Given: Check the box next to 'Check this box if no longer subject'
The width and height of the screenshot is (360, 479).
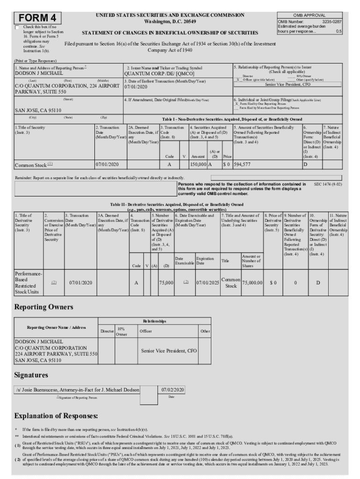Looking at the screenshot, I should point(17,28).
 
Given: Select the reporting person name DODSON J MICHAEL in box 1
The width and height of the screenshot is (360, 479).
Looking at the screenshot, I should point(38,73).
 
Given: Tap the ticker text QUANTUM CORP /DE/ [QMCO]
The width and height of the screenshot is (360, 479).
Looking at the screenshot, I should point(159,73).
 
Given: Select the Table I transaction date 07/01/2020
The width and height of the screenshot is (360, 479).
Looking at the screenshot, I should point(107,165).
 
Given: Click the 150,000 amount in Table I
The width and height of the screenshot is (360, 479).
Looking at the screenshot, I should point(198,165).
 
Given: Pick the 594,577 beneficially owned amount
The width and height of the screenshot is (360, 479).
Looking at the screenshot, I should point(242,165).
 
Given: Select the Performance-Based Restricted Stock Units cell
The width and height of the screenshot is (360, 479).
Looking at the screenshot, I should point(29,283).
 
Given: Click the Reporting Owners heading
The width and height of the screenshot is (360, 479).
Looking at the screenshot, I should point(44,307).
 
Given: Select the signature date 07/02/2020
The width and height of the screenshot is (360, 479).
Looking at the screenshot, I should point(173,390).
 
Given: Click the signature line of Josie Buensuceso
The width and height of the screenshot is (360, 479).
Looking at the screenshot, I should point(77,390).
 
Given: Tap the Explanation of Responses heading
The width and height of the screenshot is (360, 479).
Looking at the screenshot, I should point(56,416).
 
